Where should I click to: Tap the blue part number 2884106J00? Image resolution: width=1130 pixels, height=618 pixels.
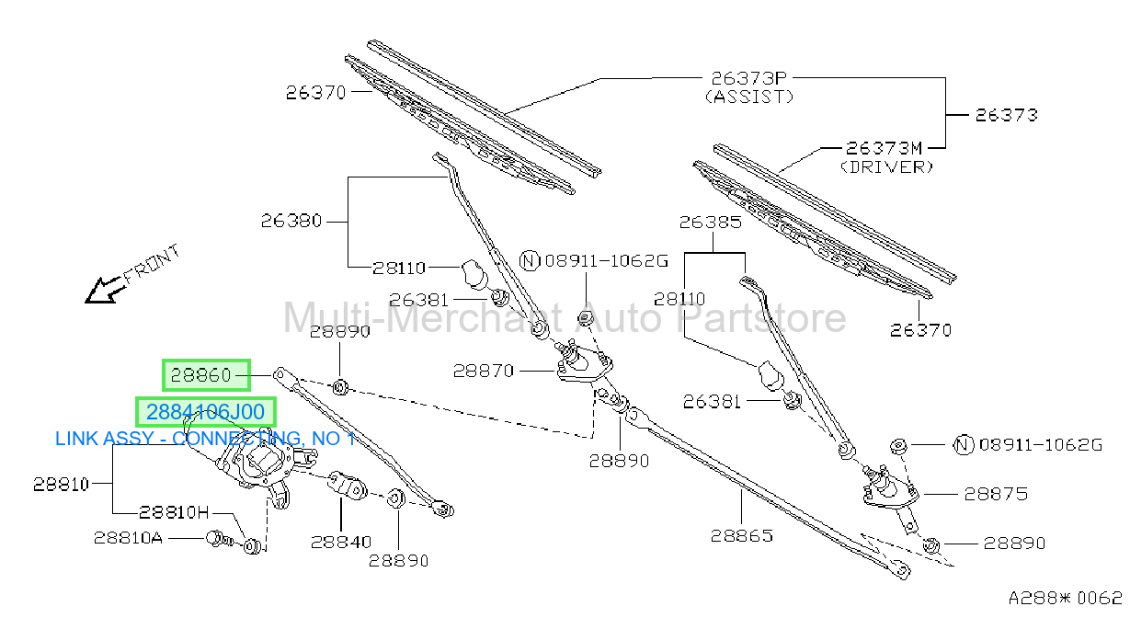tap(206, 412)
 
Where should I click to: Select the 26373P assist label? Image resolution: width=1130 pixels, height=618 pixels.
tap(748, 79)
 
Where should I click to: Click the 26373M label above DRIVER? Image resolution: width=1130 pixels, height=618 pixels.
tap(884, 148)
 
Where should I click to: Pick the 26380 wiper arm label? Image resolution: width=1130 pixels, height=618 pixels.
tap(291, 221)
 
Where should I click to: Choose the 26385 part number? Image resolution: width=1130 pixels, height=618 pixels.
tap(711, 222)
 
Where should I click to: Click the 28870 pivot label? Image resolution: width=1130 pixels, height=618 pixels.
tap(484, 372)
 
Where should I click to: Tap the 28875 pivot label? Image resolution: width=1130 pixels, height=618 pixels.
tap(996, 494)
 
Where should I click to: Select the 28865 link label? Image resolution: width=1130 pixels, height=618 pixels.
tap(742, 536)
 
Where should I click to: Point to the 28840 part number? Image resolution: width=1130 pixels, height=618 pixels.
tap(341, 543)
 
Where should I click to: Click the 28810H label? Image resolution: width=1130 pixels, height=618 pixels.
tap(174, 512)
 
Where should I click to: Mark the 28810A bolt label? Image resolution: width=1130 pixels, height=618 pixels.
tap(128, 538)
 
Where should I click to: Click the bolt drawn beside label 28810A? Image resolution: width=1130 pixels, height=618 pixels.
tap(219, 539)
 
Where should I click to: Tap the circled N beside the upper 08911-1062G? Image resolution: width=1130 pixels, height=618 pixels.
tap(530, 261)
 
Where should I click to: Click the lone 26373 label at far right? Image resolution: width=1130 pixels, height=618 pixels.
tap(1007, 115)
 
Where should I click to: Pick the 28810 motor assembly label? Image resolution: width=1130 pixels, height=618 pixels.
tap(61, 485)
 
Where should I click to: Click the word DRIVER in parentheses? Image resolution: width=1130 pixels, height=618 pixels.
tap(887, 167)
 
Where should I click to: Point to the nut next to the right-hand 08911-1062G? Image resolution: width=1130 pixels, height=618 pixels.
tap(898, 446)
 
